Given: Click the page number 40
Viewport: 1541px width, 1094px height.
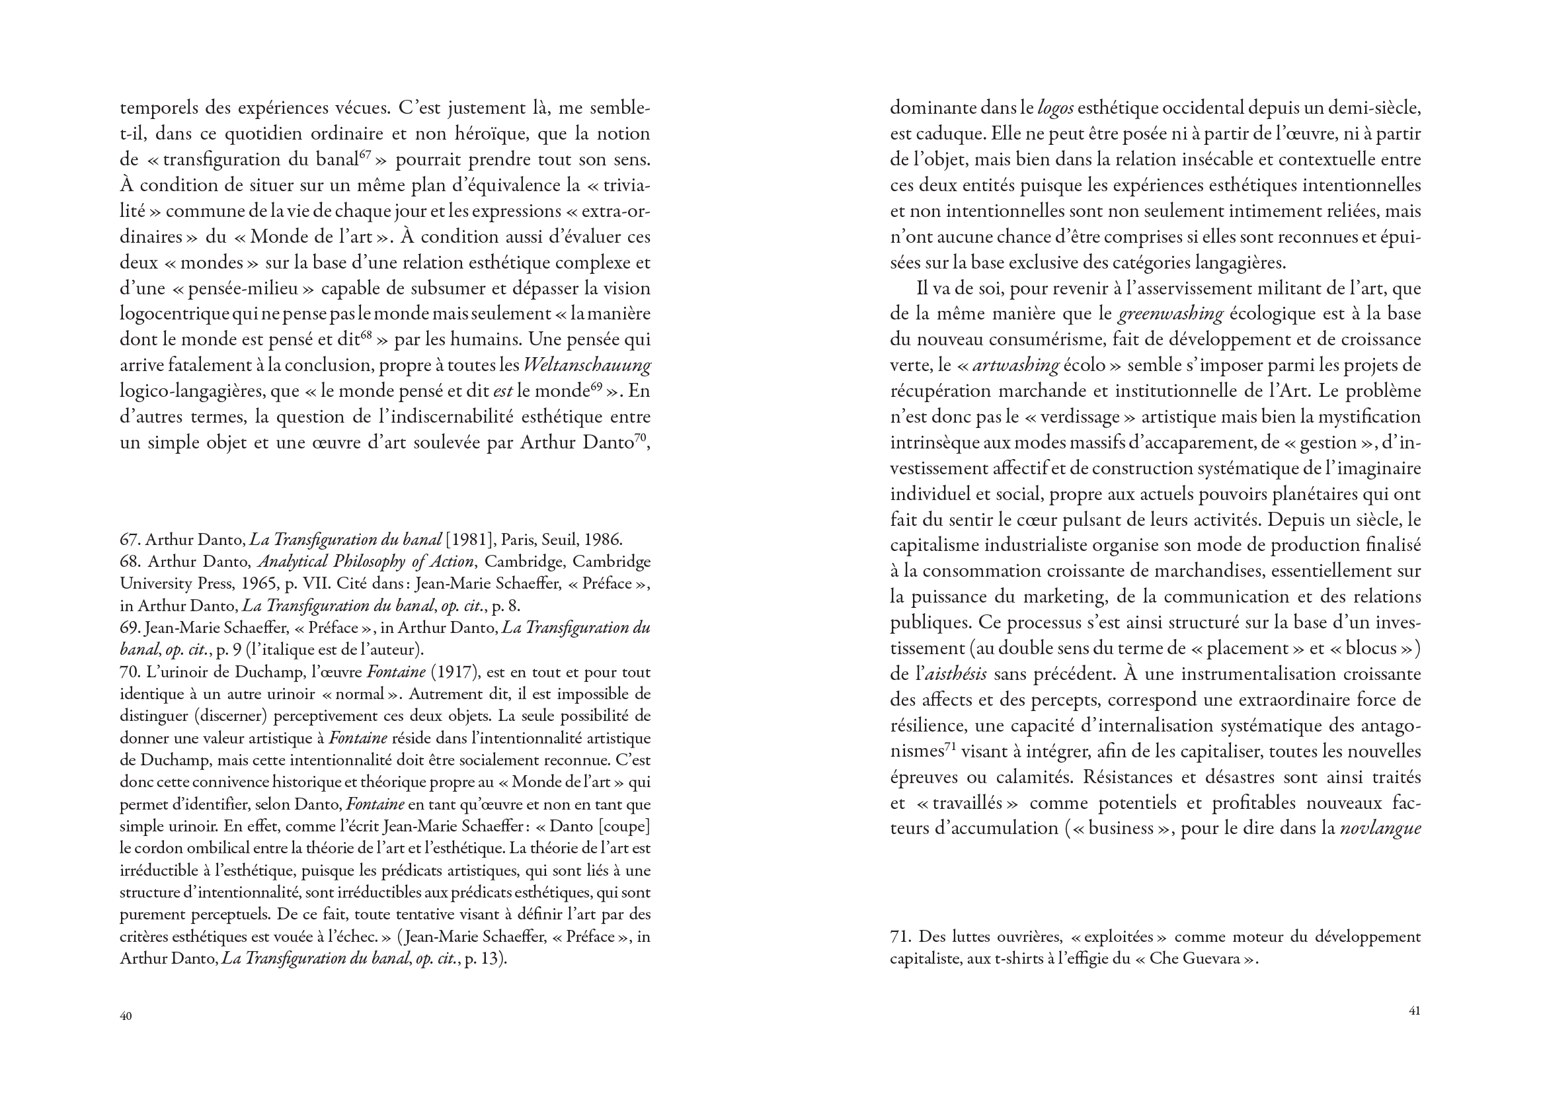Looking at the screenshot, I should [126, 1016].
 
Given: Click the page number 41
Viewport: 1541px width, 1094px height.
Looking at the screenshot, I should [1415, 1011].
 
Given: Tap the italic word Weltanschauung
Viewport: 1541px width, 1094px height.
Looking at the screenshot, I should [586, 366].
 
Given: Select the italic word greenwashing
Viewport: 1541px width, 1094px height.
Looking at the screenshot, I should [1171, 314].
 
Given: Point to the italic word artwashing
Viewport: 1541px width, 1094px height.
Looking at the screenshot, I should [1015, 366].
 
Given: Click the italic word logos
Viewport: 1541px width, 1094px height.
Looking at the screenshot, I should [1056, 108].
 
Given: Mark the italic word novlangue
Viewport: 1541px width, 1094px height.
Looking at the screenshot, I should [1380, 829].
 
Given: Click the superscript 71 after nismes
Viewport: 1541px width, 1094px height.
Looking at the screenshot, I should [951, 747].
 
